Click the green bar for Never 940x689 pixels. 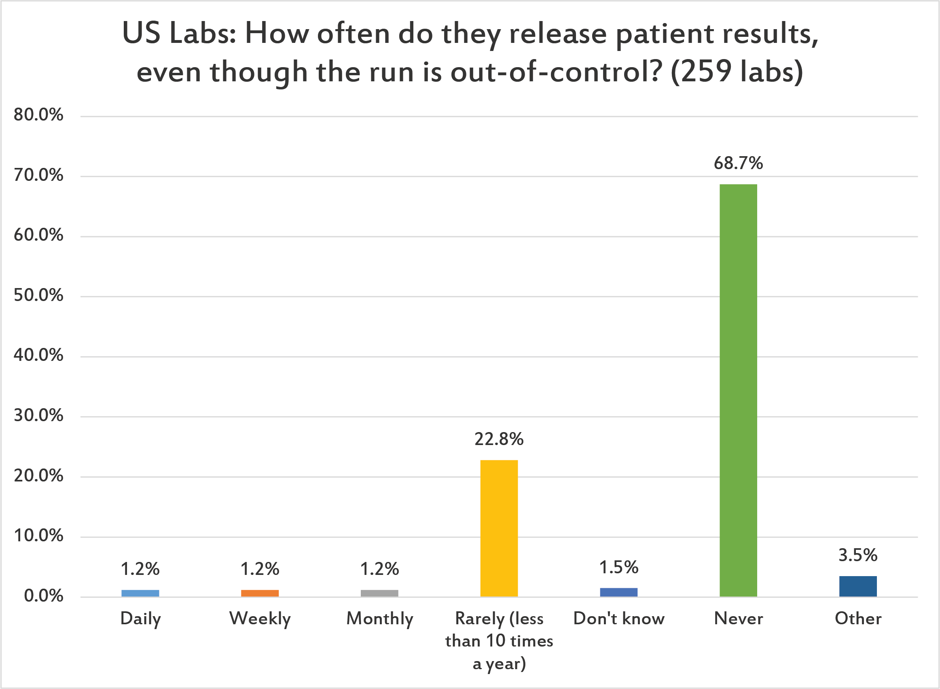738,390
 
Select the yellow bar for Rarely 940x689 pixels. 499,528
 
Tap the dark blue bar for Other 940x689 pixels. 858,586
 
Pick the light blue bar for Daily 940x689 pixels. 140,593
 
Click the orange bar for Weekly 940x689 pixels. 260,593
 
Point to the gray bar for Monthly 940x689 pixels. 379,593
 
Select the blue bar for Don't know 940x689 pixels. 618,592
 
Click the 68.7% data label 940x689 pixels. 738,163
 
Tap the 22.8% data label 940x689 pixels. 499,439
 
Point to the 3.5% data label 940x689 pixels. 858,555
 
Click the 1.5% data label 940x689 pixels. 618,567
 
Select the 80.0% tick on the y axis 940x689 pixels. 38,114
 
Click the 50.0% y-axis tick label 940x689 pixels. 38,295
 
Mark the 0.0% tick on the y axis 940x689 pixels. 43,596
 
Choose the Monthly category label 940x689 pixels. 379,619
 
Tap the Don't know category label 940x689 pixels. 618,618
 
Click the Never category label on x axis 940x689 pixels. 738,618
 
